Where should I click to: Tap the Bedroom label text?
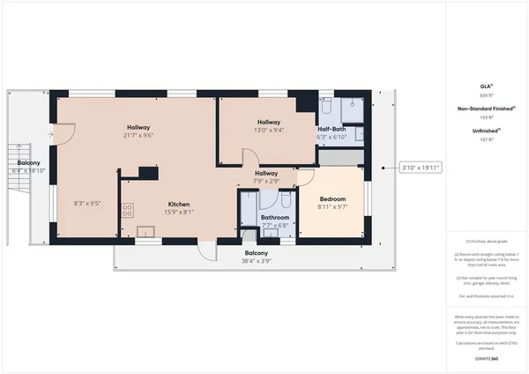point(332,199)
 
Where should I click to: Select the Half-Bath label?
point(331,129)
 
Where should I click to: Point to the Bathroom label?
point(275,217)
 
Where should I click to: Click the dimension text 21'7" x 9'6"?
point(138,136)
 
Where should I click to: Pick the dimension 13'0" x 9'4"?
point(269,131)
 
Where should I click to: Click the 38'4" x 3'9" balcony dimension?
point(257,261)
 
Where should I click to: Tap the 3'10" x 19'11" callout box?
point(421,167)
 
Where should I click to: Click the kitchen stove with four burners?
point(127,210)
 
